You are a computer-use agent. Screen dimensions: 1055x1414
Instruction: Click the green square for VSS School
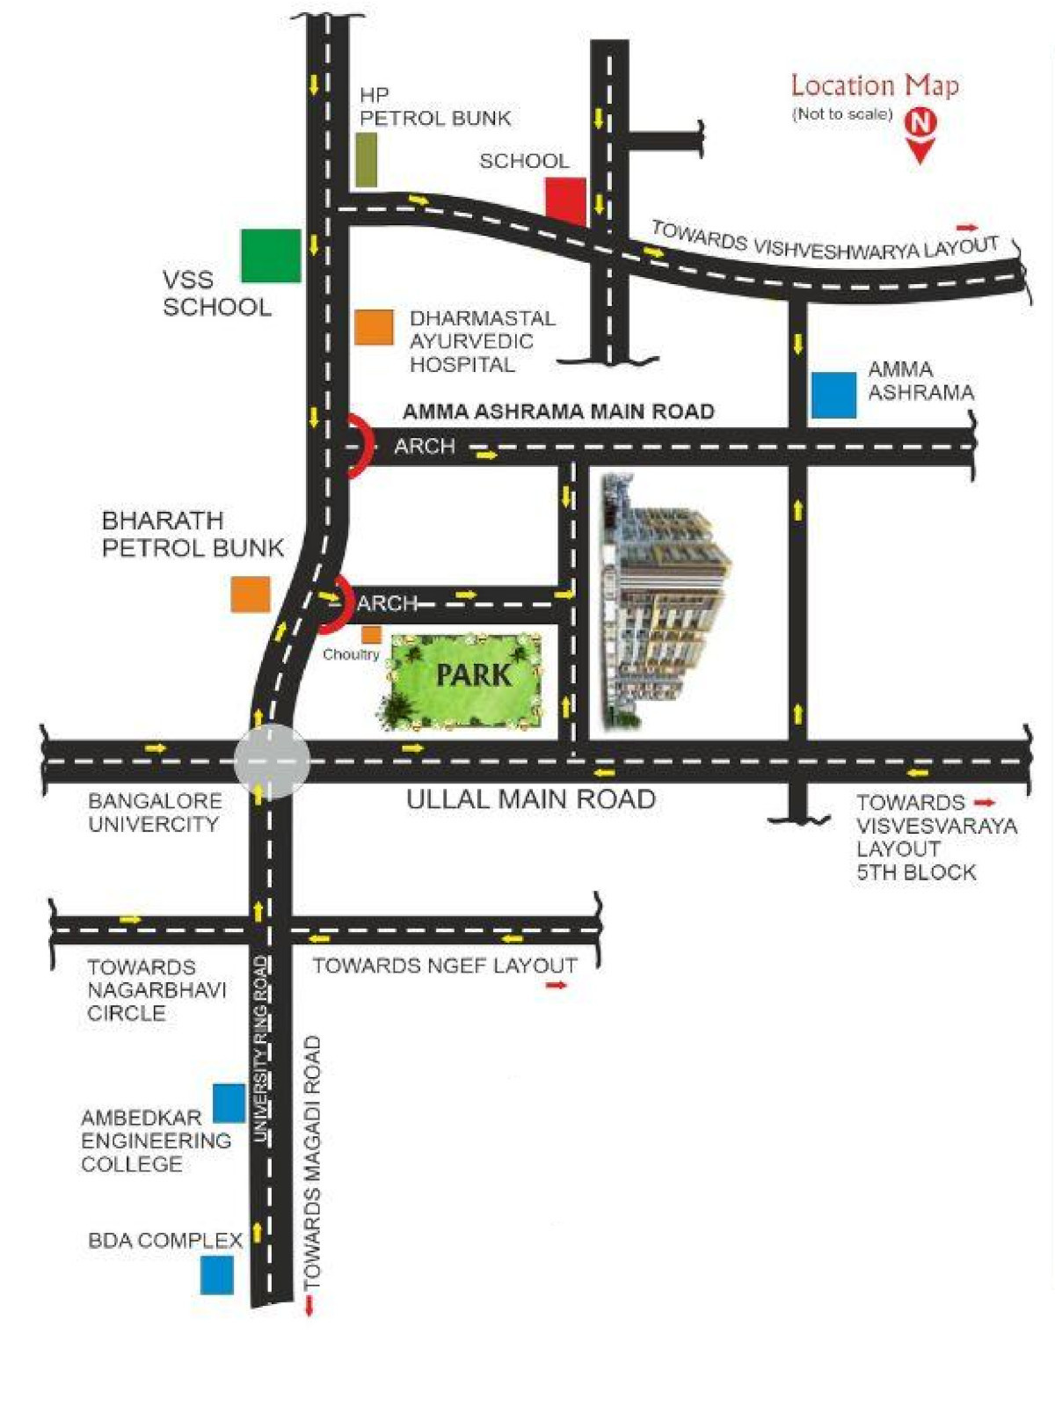[271, 256]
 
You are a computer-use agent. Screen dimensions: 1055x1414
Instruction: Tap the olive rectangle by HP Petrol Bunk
[366, 160]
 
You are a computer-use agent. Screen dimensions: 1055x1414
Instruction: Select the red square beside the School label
[565, 201]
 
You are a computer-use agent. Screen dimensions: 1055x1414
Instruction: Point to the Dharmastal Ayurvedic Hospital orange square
[374, 327]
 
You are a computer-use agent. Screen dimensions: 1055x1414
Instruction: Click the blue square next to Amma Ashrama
[833, 395]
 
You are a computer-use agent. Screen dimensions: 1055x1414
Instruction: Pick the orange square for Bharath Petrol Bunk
[251, 594]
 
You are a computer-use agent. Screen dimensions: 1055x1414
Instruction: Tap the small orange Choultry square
[371, 635]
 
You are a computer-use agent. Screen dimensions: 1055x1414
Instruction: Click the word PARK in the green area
[474, 674]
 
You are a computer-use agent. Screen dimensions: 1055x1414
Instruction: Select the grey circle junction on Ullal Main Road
[271, 761]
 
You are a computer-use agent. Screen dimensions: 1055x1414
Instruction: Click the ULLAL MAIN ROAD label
[531, 799]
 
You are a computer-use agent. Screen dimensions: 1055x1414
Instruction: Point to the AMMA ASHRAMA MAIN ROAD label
[558, 411]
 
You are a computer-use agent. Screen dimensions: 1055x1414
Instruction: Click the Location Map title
[875, 85]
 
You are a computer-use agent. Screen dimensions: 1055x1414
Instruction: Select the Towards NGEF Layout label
[445, 966]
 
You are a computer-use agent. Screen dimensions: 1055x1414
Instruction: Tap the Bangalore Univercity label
[156, 813]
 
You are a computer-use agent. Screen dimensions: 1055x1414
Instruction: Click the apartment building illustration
[664, 599]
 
